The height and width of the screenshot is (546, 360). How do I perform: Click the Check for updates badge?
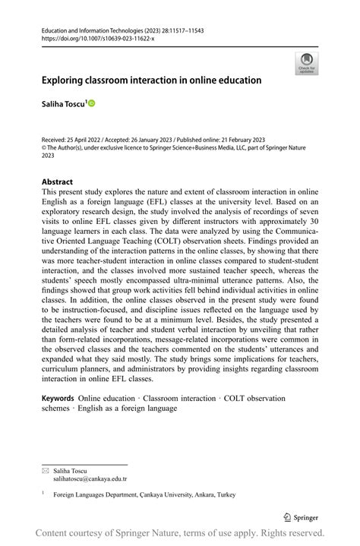coord(307,63)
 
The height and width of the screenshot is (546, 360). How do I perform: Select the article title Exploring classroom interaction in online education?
coord(151,80)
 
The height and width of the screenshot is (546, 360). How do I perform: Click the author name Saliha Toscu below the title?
coord(63,102)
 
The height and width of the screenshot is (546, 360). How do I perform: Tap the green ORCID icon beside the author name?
coord(92,102)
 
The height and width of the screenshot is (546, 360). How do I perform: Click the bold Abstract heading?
coord(57,182)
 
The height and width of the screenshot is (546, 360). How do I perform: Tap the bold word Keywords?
coord(58,398)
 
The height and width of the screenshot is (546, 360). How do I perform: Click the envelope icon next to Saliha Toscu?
coord(45,470)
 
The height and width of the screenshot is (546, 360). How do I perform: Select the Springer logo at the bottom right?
coord(302,516)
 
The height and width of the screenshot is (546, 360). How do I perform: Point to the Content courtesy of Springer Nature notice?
coord(180,533)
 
